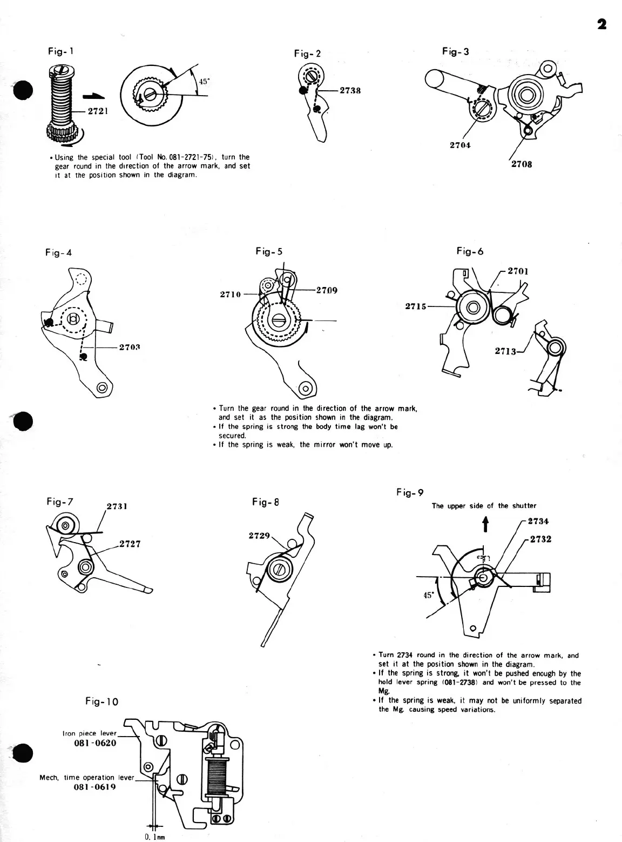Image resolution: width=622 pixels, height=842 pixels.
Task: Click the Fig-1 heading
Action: click(x=60, y=51)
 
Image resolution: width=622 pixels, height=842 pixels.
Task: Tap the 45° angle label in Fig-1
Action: click(x=204, y=82)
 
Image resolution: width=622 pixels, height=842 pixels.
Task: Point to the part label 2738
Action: click(x=350, y=90)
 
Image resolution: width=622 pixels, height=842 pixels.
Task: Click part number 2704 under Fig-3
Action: click(x=460, y=145)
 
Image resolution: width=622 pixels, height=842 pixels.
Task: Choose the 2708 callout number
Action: click(x=521, y=164)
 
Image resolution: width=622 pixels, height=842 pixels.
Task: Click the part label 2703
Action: click(x=130, y=346)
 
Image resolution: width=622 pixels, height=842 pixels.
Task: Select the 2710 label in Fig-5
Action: click(x=231, y=295)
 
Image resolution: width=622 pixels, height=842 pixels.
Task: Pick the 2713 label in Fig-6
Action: click(x=505, y=351)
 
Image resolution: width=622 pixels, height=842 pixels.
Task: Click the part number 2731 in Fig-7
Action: click(x=117, y=506)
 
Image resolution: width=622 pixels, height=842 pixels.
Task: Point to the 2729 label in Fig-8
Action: click(x=259, y=536)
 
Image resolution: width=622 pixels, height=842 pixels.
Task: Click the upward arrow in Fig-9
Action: click(x=485, y=523)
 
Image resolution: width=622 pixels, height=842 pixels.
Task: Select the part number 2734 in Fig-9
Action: click(x=538, y=522)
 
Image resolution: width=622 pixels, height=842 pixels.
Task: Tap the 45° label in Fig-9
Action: click(x=428, y=595)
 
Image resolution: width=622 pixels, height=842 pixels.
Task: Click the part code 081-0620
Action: click(x=94, y=743)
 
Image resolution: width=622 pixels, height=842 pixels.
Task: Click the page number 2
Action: click(x=602, y=24)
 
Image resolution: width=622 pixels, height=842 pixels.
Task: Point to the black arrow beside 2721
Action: click(x=92, y=96)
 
